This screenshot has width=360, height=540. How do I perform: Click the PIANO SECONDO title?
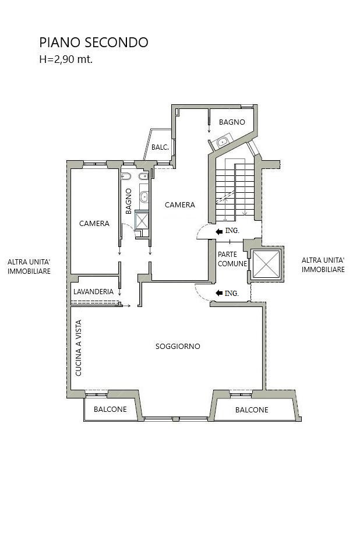click(94, 43)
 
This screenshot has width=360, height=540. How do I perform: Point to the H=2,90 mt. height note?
click(66, 59)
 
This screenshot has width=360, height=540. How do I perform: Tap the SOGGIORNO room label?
click(178, 346)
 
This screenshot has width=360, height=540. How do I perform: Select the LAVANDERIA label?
click(93, 291)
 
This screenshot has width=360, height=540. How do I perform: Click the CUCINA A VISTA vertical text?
click(79, 348)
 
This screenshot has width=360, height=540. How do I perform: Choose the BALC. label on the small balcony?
click(160, 147)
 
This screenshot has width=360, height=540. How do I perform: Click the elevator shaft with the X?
click(266, 264)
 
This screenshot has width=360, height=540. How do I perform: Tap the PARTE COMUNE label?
click(232, 259)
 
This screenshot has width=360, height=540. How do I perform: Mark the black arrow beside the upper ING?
click(219, 232)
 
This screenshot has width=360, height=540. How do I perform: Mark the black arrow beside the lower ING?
click(219, 293)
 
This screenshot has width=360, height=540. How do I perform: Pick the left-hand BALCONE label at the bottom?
click(110, 409)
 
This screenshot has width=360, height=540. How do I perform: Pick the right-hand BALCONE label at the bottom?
click(252, 410)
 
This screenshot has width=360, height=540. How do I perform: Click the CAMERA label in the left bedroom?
click(94, 224)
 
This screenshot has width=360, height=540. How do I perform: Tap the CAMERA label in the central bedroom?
click(180, 205)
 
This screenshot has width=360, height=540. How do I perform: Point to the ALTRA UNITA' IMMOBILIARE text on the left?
click(29, 267)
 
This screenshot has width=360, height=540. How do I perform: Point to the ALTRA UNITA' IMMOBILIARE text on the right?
click(323, 265)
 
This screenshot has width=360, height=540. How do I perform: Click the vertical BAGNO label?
click(129, 201)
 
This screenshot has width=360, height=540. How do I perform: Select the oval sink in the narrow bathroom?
click(144, 197)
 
